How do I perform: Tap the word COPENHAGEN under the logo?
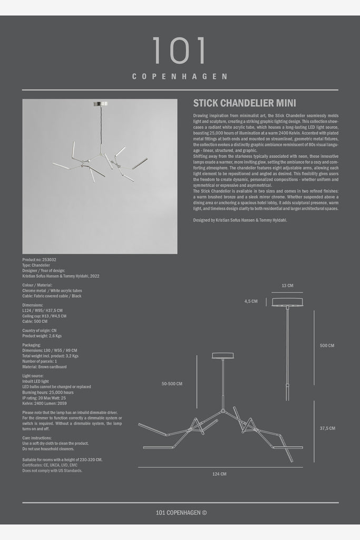180,76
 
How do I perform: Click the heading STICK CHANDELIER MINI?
245,103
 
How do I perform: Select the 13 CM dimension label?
287,285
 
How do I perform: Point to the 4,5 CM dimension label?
251,302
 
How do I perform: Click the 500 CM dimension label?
327,345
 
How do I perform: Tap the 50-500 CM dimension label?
172,384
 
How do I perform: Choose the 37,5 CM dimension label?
327,428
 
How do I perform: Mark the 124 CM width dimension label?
219,474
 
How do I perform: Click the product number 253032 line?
40,260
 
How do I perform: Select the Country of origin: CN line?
40,331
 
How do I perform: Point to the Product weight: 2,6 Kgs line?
42,336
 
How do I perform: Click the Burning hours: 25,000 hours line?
48,392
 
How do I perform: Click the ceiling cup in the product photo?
100,103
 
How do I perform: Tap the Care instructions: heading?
37,438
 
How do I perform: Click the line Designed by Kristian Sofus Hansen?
240,220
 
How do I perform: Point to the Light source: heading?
34,375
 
